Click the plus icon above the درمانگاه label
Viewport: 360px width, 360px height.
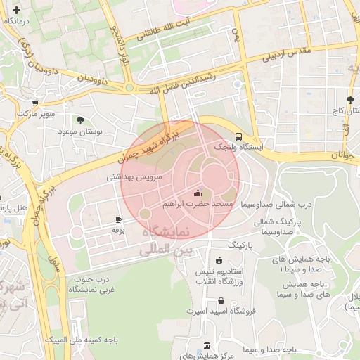16,10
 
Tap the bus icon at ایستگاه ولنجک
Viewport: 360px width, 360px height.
239,136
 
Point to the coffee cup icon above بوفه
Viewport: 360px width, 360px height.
118,219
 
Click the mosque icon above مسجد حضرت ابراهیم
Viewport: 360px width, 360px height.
198,192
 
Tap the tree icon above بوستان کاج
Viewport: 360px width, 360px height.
350,100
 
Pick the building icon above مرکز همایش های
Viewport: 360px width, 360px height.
206,345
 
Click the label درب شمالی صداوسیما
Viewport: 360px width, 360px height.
276,204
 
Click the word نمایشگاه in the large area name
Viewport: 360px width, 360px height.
162,232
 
